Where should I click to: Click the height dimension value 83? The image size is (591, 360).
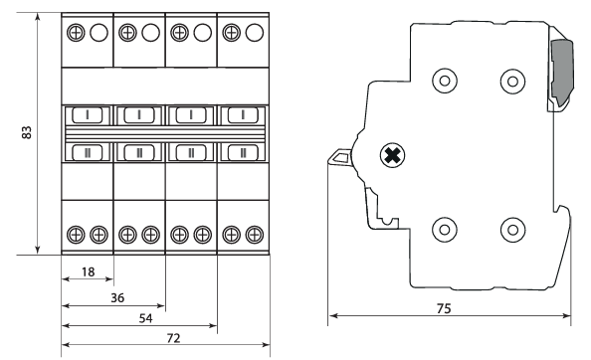click(27, 132)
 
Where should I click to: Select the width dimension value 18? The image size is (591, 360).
click(89, 271)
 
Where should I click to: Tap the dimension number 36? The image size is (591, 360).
click(117, 298)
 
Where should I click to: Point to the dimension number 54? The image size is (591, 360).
click(146, 318)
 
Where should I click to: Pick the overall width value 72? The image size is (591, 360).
click(173, 338)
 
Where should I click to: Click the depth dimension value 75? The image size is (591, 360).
click(444, 308)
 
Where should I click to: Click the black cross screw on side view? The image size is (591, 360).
click(392, 155)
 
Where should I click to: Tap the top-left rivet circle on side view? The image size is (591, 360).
click(445, 81)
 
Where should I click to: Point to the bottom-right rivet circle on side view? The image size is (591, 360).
click(512, 230)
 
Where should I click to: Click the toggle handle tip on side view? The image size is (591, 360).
click(338, 157)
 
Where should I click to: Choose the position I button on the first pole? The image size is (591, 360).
click(88, 114)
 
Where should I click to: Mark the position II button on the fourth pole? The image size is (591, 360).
click(243, 152)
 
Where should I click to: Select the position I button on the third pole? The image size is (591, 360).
click(191, 114)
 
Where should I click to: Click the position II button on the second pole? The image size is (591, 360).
click(139, 152)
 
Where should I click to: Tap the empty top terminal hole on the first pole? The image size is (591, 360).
click(98, 33)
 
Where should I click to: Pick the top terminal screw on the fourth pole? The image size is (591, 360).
click(232, 33)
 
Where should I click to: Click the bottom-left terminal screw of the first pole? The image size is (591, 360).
click(76, 235)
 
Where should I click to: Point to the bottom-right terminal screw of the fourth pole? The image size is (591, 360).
click(255, 235)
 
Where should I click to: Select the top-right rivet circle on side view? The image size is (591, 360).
click(512, 81)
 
